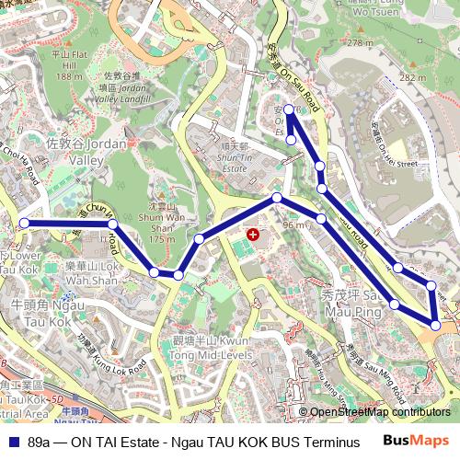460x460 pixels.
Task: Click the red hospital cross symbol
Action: tap(253, 236)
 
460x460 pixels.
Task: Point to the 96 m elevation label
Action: tap(293, 224)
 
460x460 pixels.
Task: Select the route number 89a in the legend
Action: tap(38, 443)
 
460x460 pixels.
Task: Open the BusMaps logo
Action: tap(415, 441)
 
